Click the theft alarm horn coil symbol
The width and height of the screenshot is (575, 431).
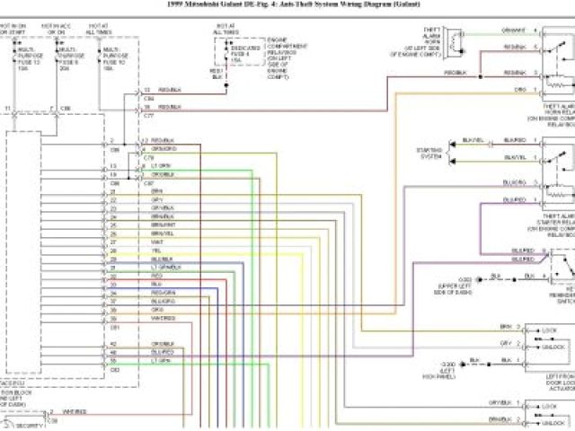coord(457,40)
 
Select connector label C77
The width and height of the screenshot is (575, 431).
coord(150,115)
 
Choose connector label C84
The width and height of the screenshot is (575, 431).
coord(150,98)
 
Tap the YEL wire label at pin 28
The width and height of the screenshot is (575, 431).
coord(155,251)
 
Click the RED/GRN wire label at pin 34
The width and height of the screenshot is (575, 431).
coord(163,292)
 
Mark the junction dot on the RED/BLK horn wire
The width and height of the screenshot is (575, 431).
coord(479,77)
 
